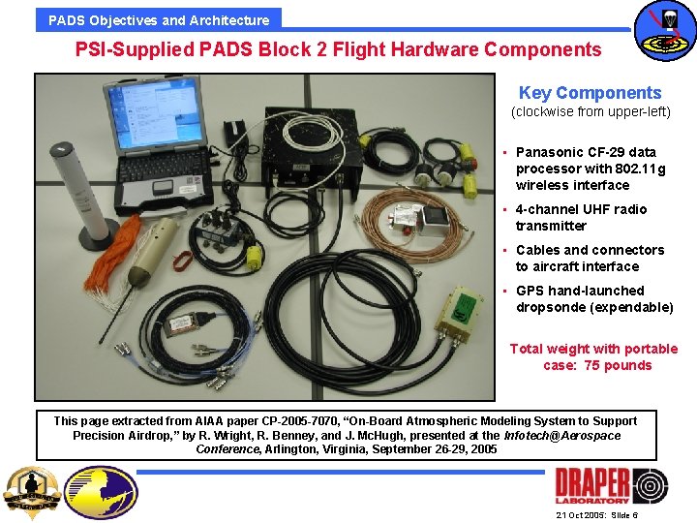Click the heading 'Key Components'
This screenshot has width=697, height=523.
590,93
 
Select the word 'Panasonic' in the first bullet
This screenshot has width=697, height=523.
548,152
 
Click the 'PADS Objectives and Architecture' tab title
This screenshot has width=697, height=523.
159,19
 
